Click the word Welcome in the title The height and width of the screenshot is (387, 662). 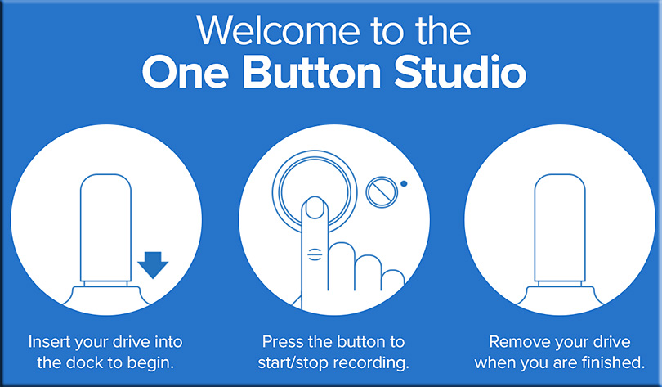click(x=278, y=30)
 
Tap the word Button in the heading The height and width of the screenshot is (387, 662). click(x=312, y=72)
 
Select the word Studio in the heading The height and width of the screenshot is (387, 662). click(x=461, y=72)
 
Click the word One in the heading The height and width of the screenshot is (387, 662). click(x=185, y=73)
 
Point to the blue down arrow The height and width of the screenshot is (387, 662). click(x=153, y=265)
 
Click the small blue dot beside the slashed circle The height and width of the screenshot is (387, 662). click(x=404, y=184)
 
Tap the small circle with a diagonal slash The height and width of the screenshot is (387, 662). click(x=382, y=192)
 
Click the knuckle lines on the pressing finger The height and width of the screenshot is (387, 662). click(x=315, y=254)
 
